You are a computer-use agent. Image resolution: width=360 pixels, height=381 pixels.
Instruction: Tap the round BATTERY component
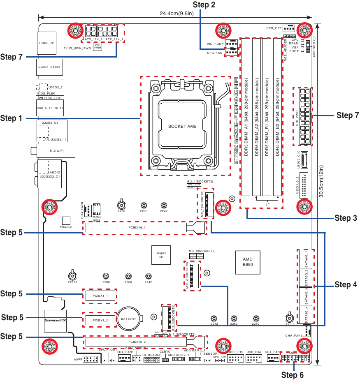click(128, 319)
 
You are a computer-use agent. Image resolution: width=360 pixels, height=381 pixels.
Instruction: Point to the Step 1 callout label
click(12, 118)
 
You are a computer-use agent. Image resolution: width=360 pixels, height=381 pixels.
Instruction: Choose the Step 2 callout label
click(204, 5)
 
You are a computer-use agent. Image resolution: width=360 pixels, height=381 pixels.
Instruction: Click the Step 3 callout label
click(346, 218)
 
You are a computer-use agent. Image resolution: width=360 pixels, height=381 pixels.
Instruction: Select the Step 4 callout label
click(346, 284)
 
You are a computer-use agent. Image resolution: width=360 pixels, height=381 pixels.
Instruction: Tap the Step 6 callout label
click(292, 375)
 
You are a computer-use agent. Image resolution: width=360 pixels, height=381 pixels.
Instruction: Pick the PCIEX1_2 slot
click(100, 320)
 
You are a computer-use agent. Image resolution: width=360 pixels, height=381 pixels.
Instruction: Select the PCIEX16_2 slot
click(137, 342)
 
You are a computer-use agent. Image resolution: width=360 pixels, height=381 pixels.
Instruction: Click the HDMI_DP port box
click(46, 43)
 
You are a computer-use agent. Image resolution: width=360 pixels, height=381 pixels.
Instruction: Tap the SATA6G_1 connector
click(306, 259)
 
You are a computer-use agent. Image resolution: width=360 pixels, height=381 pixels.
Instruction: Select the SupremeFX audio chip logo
click(55, 320)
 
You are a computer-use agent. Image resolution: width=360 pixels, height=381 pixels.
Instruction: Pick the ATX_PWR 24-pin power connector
click(304, 116)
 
